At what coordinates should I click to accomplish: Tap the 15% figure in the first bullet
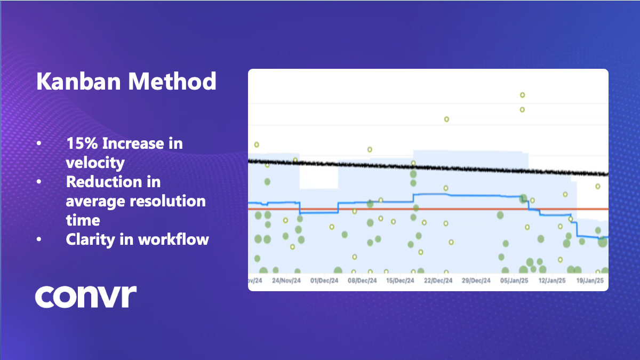point(82,143)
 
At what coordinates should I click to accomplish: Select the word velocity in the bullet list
point(95,162)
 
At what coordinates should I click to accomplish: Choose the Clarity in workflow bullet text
point(137,239)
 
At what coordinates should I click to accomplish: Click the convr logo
point(86,297)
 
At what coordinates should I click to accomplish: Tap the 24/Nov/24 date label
point(287,281)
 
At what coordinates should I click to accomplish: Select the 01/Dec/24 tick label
point(324,281)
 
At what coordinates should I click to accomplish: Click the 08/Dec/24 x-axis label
point(362,281)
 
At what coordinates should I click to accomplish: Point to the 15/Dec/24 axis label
point(400,281)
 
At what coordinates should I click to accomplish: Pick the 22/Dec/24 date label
point(438,281)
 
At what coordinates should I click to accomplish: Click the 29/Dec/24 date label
point(476,281)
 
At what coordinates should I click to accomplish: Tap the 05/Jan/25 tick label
point(514,281)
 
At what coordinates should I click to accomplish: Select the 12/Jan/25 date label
point(551,281)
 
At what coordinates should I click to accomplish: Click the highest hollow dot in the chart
point(523,95)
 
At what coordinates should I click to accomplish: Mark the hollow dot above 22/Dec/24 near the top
point(446,119)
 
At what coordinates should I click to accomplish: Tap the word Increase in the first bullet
point(142,143)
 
